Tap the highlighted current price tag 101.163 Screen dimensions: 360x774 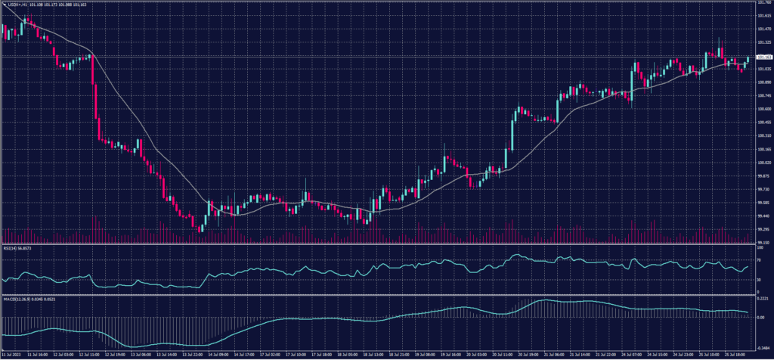coord(763,57)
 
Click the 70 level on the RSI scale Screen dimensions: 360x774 coord(758,259)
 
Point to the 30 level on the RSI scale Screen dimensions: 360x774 coord(758,280)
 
